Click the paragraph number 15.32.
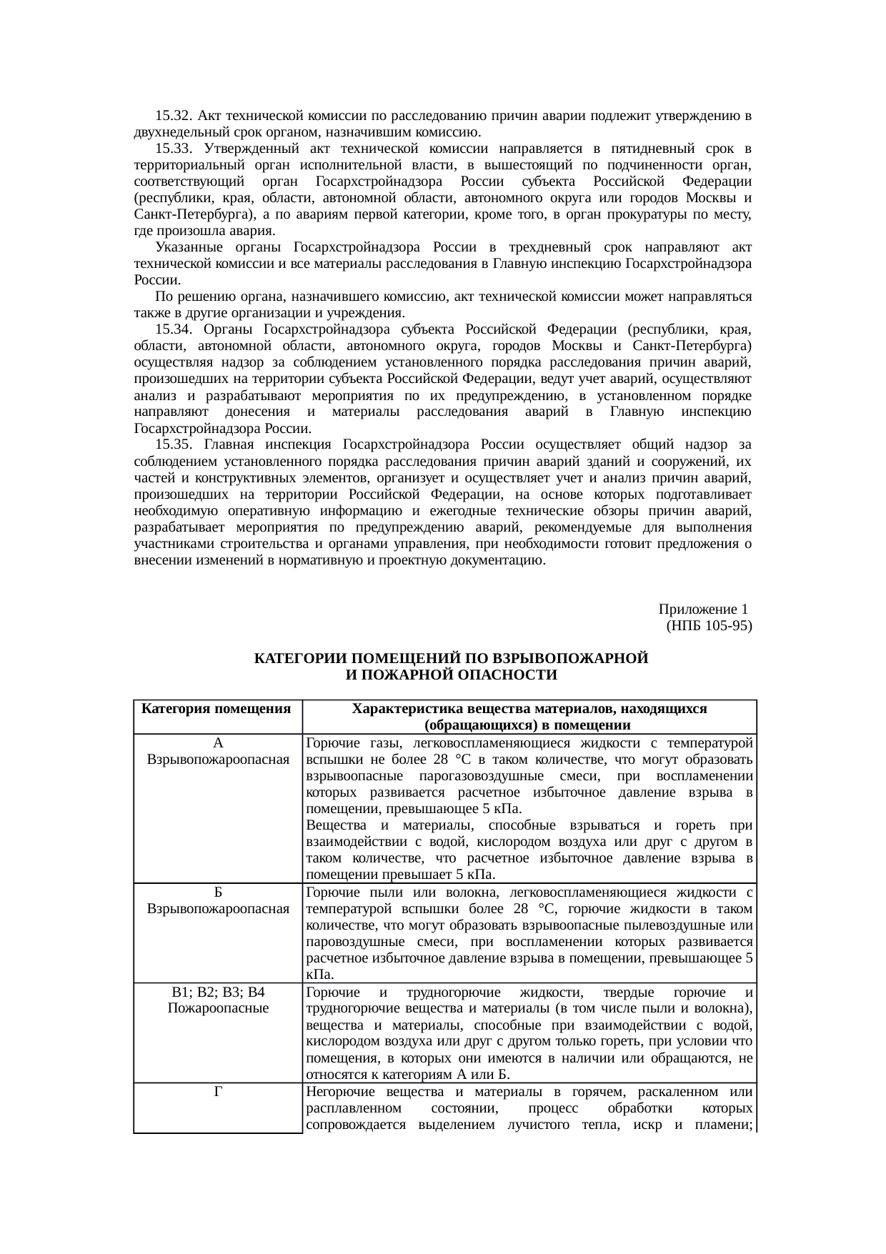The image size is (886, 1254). [172, 116]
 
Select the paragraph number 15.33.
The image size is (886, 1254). [172, 149]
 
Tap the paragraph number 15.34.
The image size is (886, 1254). [172, 329]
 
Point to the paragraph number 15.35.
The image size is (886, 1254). [172, 445]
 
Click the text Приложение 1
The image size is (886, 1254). [703, 609]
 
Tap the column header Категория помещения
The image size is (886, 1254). [216, 710]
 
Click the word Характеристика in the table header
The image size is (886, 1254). [412, 710]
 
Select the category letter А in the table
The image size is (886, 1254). [218, 743]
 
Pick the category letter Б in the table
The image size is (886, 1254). [218, 892]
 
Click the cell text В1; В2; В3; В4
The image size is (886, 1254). [218, 992]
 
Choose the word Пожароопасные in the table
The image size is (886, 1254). [218, 1009]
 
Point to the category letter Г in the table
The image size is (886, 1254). [218, 1092]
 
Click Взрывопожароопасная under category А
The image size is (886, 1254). [218, 760]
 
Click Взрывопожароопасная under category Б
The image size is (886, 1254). [218, 909]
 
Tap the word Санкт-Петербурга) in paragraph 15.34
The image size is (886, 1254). [697, 346]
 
